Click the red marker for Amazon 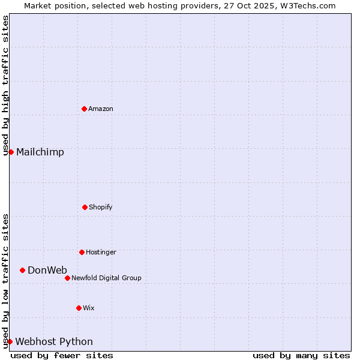(x=84, y=109)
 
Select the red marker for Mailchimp (x=11, y=152)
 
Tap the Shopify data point (x=85, y=207)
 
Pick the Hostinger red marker (x=82, y=252)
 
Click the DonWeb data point (x=22, y=270)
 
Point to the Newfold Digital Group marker (x=67, y=278)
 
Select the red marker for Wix (x=79, y=308)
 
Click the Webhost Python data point (x=10, y=341)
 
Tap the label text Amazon (x=101, y=109)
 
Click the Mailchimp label (x=40, y=152)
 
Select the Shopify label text (x=101, y=207)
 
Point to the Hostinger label (x=101, y=252)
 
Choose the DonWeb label (x=47, y=270)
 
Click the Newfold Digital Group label (x=106, y=278)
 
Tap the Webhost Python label (x=54, y=341)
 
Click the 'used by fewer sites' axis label (x=62, y=355)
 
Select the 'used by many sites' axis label (x=301, y=355)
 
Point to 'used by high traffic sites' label (x=5, y=85)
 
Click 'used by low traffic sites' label (x=5, y=281)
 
